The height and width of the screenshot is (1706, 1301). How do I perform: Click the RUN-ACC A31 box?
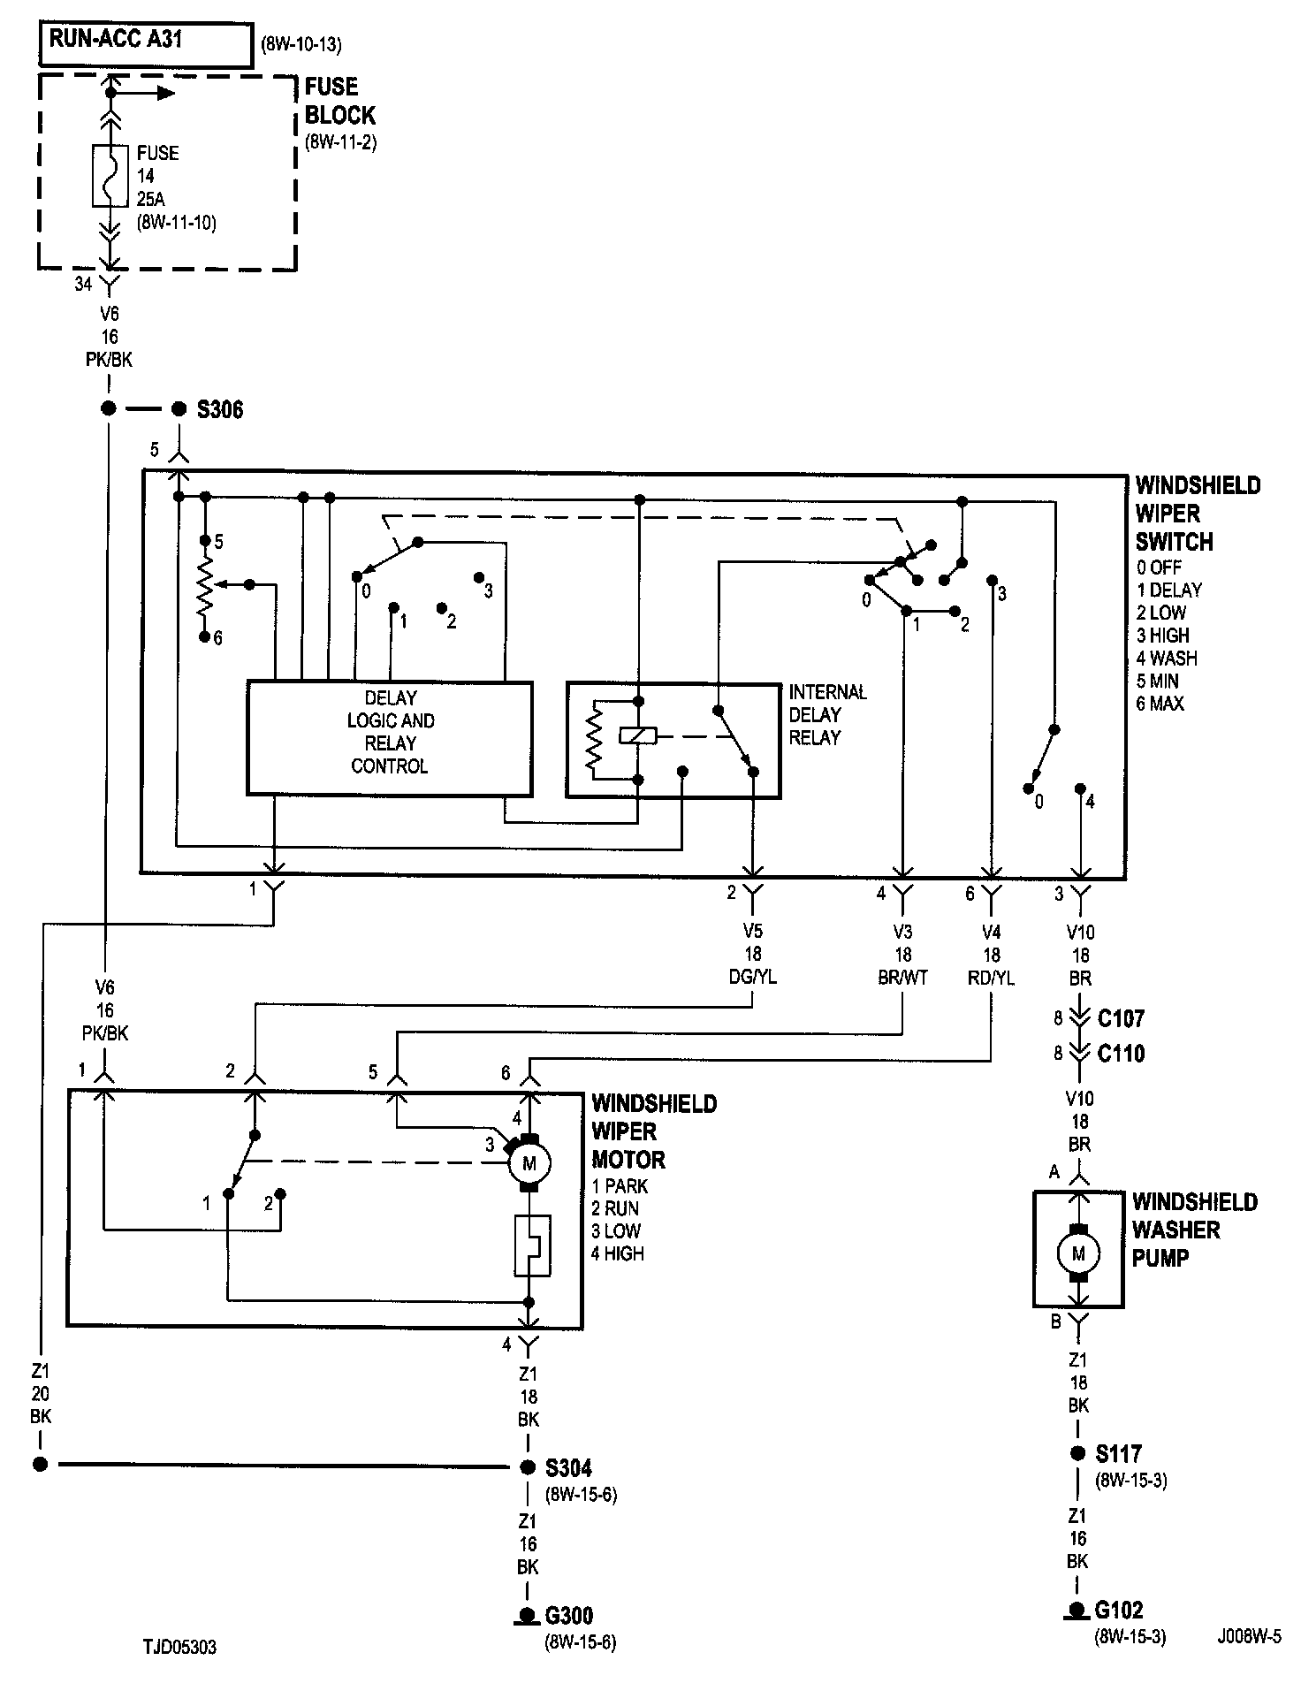146,43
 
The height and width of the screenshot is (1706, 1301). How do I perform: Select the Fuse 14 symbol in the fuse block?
110,176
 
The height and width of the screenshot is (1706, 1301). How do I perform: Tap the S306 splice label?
220,409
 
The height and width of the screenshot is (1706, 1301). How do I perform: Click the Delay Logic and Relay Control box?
390,738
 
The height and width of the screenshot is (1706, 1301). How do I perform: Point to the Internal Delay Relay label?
828,714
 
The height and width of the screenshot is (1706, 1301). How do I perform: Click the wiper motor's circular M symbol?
529,1163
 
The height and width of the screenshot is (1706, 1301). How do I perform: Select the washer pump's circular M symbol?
1078,1253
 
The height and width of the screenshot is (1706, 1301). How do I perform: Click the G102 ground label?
1119,1610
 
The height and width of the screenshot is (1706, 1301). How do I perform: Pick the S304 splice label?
568,1468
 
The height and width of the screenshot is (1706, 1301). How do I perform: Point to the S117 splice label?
1119,1454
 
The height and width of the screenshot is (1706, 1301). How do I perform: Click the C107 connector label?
1121,1018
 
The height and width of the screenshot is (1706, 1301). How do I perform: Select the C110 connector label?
1121,1054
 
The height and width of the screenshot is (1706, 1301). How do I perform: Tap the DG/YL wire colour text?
753,977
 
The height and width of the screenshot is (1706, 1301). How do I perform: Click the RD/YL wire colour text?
992,978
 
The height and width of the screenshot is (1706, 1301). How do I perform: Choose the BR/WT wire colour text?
902,978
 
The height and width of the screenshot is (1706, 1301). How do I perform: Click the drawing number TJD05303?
179,1648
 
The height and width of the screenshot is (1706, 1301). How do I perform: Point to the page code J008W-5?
1249,1636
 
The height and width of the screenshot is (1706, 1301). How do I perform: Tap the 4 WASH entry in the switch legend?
1167,659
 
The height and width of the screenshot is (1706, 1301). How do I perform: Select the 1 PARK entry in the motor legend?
620,1185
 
